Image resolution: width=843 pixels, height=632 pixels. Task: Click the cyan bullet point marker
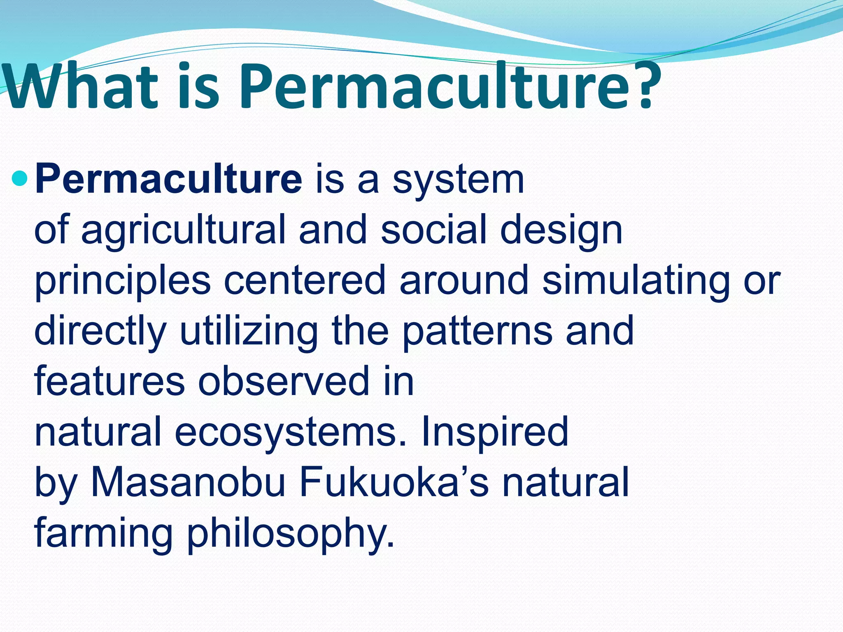tap(19, 179)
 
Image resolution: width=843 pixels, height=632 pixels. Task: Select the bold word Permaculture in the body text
tap(169, 179)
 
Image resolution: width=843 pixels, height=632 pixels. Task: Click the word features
tap(109, 381)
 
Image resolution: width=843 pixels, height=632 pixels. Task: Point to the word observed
tap(284, 381)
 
